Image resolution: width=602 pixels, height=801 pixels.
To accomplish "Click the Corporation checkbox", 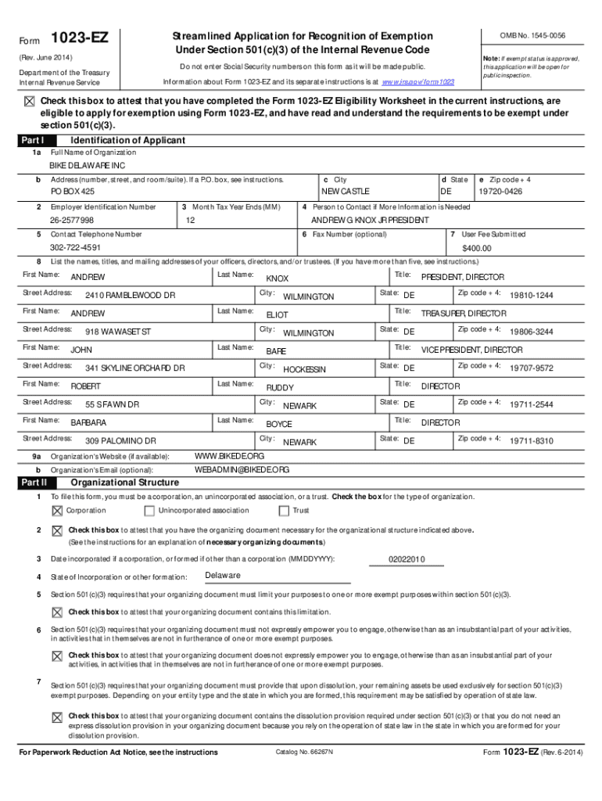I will coord(56,511).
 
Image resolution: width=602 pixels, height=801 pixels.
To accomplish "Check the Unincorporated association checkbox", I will coord(149,511).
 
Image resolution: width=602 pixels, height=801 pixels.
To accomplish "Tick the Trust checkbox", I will coord(284,511).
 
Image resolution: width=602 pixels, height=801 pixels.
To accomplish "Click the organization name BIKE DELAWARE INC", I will coord(87,167).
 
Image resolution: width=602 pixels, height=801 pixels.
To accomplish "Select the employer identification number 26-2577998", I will coord(72,221).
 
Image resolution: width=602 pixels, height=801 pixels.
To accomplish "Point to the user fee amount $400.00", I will coord(476,248).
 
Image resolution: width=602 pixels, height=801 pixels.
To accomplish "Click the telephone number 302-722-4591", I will coord(76,248).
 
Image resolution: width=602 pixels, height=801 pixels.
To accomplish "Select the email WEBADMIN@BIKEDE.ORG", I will coord(242,469).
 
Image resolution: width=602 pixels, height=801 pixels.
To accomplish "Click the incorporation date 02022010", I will coord(407,559).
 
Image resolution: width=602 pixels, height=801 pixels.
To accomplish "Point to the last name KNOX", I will coord(278,278).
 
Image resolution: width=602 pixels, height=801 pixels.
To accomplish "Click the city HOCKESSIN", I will coord(304,369).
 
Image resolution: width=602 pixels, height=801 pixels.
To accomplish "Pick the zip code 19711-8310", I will coord(531,441).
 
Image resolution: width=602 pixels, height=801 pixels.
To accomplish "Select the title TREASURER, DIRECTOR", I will coord(464,314).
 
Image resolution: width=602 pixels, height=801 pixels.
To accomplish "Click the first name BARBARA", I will coord(88,422).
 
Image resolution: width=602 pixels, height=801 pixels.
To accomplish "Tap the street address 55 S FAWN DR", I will coord(112,404).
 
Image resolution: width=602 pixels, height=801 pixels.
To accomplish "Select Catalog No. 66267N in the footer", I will coord(304,753).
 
